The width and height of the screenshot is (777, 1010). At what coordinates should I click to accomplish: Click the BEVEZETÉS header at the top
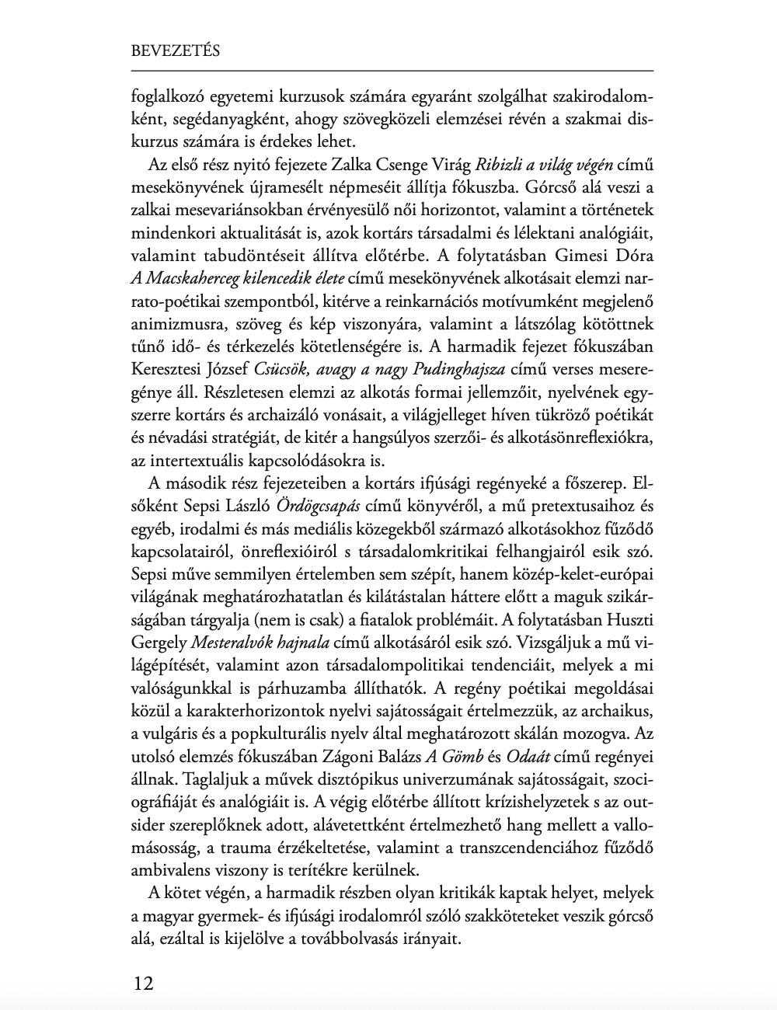(x=176, y=51)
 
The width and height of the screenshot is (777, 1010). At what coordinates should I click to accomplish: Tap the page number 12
(x=144, y=983)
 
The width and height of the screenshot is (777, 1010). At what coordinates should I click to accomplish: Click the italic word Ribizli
(x=497, y=165)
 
